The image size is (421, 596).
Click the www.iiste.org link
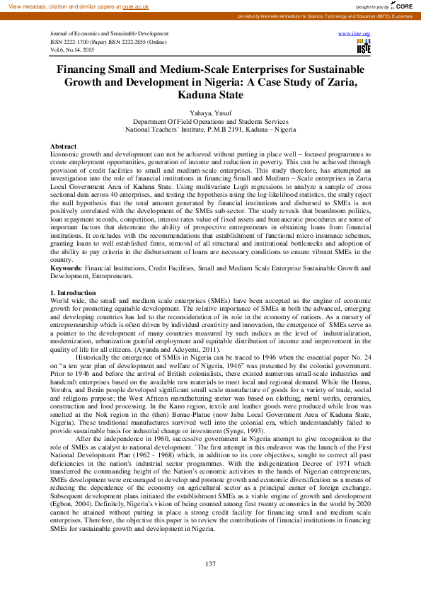tap(354, 33)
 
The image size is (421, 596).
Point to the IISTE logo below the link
tap(363, 47)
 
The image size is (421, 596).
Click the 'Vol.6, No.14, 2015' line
tap(74, 50)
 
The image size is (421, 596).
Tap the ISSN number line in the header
tap(118, 42)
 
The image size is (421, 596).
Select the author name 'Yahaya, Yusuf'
tap(210, 113)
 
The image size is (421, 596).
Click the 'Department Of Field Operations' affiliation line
tap(210, 122)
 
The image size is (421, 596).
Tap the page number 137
tap(210, 563)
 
